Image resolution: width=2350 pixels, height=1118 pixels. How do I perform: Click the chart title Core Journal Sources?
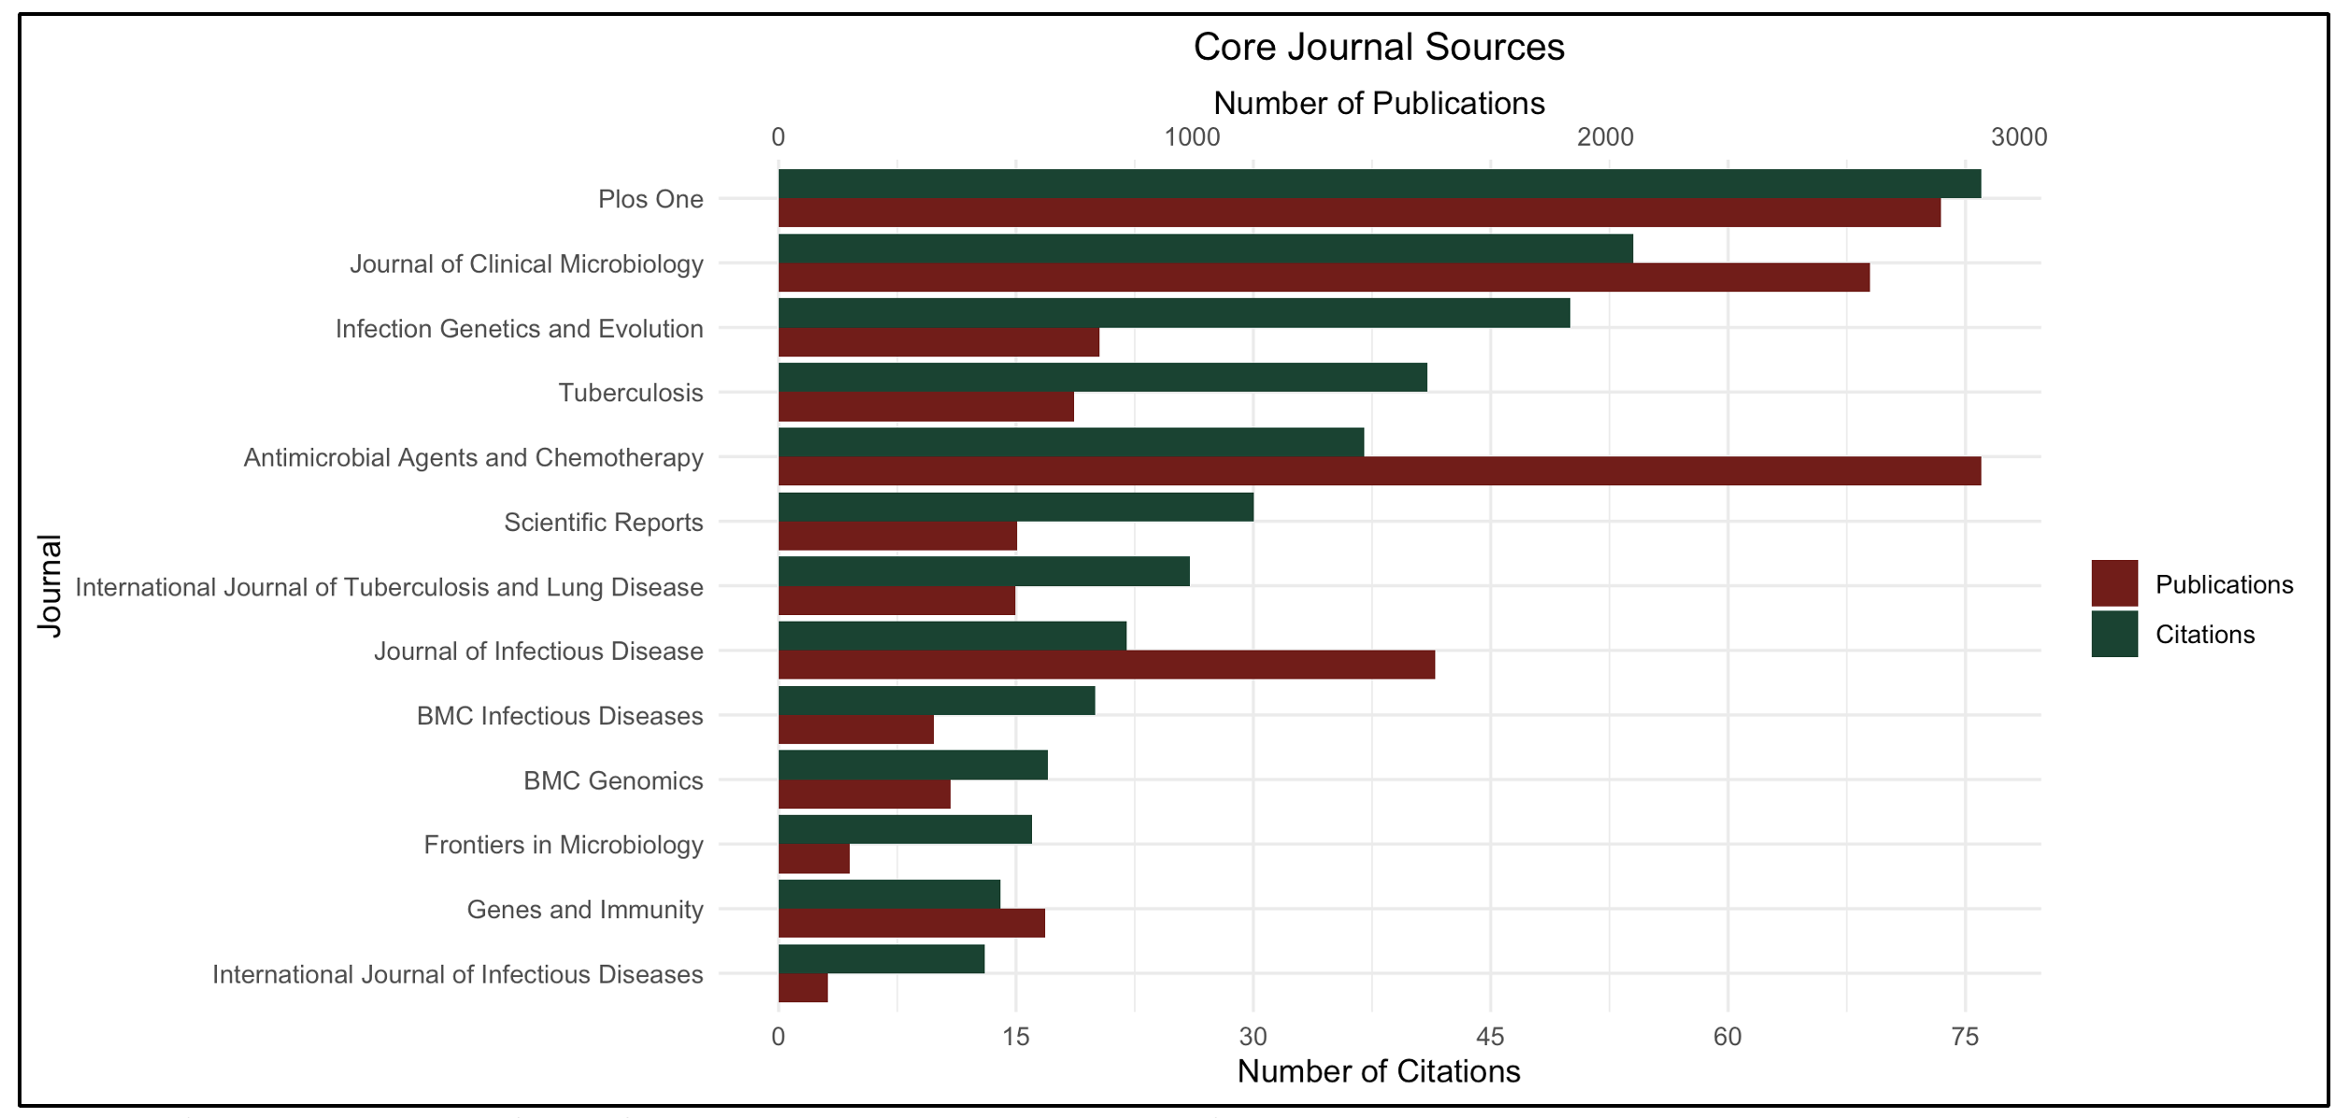1378,48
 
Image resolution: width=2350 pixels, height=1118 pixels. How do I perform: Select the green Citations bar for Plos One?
1379,184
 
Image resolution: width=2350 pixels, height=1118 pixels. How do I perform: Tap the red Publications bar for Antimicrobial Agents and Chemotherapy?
1379,471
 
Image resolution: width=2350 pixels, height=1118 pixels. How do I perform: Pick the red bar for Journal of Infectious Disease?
1106,666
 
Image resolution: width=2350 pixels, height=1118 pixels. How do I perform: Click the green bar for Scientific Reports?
1015,508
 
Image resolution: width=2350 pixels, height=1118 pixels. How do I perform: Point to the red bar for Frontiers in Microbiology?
813,859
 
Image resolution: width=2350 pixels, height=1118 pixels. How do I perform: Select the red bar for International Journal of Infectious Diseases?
803,988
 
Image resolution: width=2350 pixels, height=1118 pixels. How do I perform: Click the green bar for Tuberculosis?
1102,378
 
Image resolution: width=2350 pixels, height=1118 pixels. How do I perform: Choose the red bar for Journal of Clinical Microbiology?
1324,278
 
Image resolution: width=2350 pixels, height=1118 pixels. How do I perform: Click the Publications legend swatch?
2114,584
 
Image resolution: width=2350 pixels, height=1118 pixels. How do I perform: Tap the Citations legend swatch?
2114,635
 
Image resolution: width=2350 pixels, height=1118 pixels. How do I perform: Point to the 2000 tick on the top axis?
1605,137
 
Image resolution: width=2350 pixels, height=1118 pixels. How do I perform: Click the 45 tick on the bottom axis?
1490,1037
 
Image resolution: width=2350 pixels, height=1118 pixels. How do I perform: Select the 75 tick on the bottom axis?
1965,1037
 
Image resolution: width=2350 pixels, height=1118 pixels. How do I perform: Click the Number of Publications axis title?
1378,104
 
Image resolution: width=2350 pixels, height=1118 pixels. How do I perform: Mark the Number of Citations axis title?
1378,1071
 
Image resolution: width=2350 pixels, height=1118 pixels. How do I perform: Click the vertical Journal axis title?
50,586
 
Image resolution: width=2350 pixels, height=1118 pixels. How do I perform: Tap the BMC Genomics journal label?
612,781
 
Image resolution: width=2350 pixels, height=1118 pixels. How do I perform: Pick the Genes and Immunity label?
584,910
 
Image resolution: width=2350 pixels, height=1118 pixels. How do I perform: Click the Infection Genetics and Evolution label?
519,329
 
